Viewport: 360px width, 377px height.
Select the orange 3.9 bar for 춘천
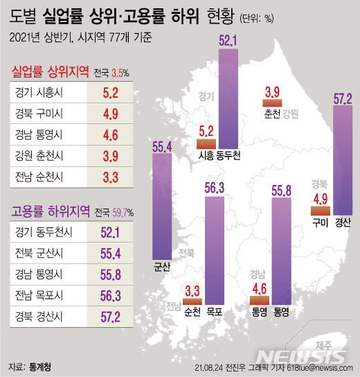271,103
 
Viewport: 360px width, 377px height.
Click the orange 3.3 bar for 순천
192,302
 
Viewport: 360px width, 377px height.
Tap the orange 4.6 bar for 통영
258,300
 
